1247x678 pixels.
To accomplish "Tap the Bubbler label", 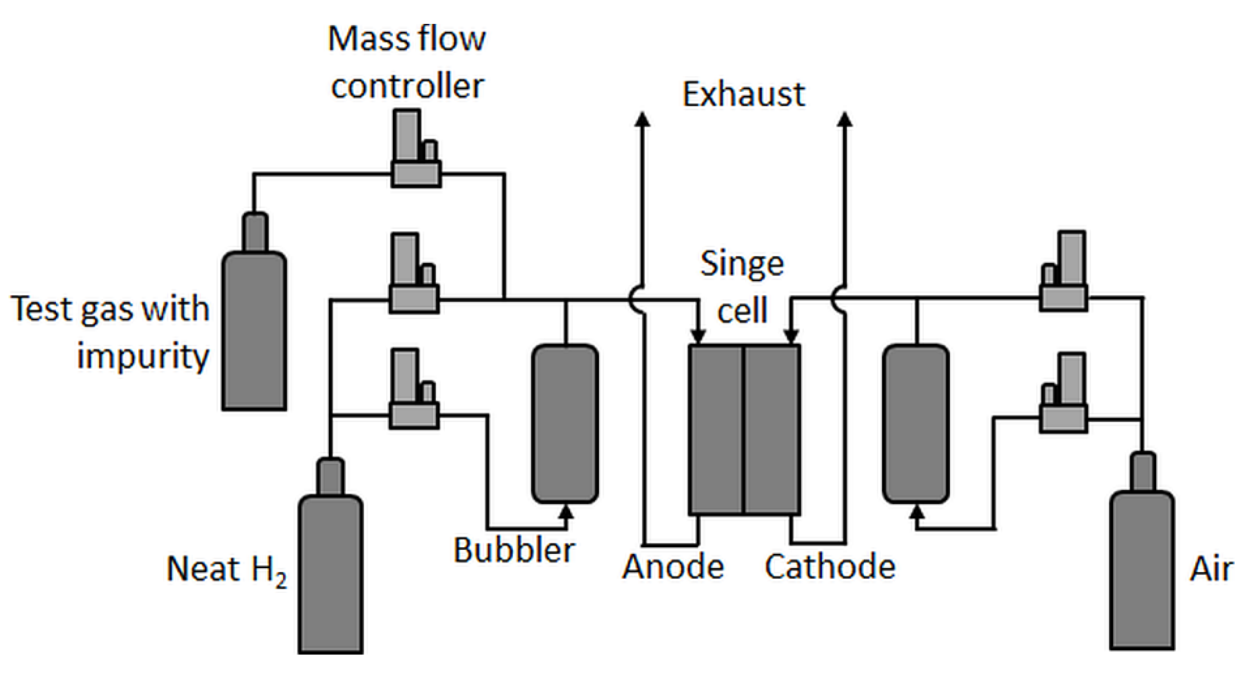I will coord(514,550).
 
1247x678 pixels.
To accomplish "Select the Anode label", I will coord(673,566).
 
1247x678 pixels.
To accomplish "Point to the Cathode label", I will coord(830,566).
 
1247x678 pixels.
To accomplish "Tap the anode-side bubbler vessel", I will coord(565,424).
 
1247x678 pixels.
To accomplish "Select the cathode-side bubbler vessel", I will coord(916,424).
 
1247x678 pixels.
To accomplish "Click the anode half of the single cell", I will coord(716,430).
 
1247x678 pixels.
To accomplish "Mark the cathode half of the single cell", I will coord(772,430).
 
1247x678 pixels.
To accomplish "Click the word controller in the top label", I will coord(407,86).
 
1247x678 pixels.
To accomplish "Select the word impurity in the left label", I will coord(143,357).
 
